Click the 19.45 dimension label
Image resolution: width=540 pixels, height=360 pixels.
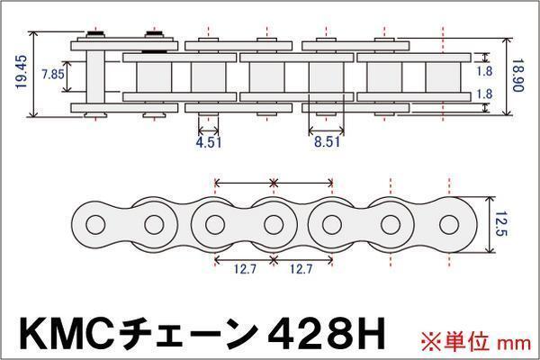[x=22, y=72]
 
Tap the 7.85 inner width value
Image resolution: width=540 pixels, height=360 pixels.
[x=52, y=74]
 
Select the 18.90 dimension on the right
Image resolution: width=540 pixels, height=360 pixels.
[x=517, y=76]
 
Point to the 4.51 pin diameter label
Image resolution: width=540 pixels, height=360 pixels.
[x=209, y=142]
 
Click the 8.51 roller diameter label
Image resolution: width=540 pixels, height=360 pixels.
[x=327, y=142]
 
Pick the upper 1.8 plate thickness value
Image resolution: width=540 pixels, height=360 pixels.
[x=484, y=71]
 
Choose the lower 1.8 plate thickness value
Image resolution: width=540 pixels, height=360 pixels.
[x=484, y=94]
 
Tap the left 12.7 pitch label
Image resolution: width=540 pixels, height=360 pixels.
[x=245, y=269]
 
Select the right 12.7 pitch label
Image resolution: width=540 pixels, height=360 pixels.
[x=301, y=269]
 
